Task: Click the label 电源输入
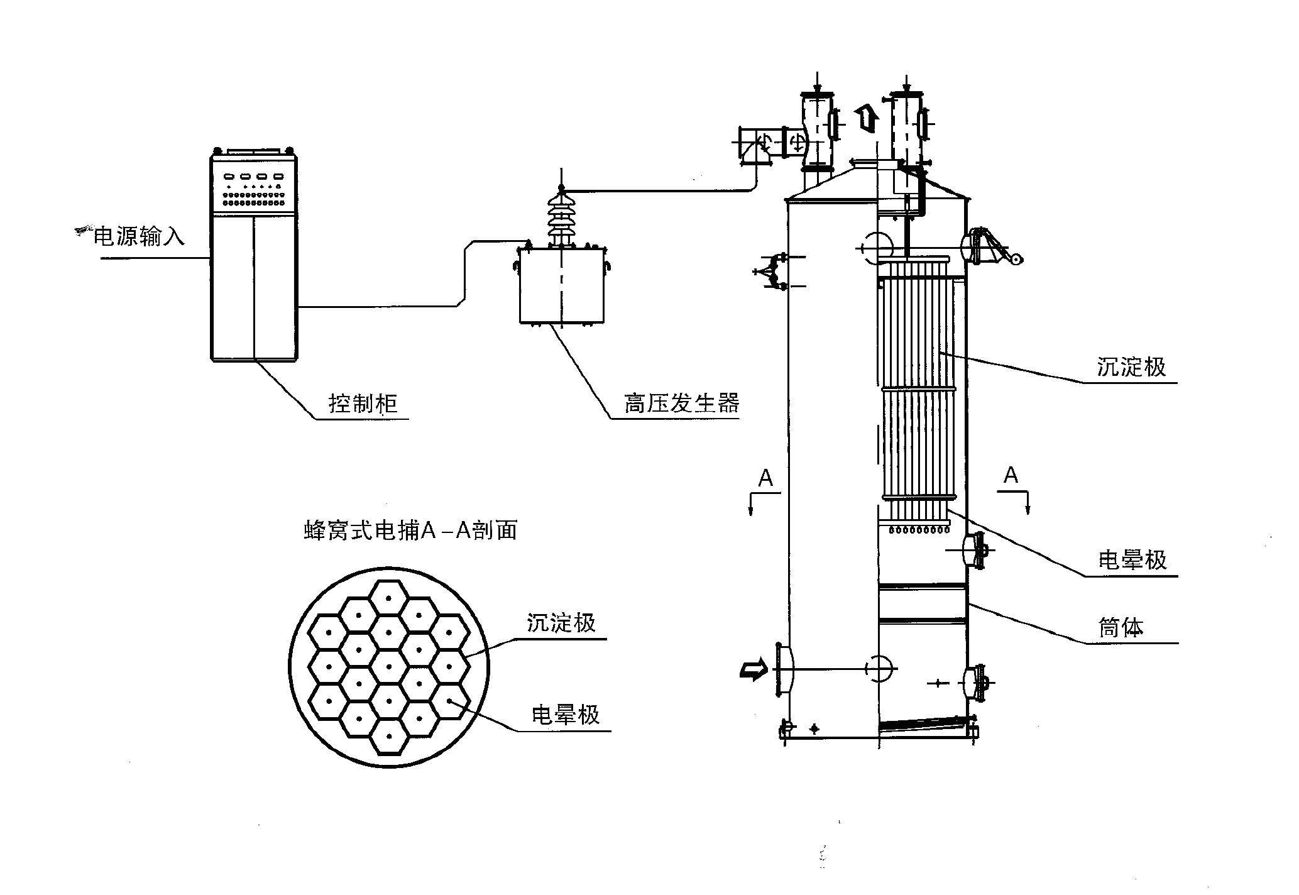pyautogui.click(x=139, y=236)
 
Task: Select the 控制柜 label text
pyautogui.click(x=363, y=403)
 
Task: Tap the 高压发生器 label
pyautogui.click(x=681, y=402)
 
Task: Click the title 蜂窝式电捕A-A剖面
pyautogui.click(x=410, y=530)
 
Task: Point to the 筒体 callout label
pyautogui.click(x=1121, y=627)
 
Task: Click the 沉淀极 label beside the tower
pyautogui.click(x=1131, y=367)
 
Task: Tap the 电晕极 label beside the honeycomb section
pyautogui.click(x=566, y=715)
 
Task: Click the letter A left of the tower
pyautogui.click(x=765, y=479)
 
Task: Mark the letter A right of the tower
pyautogui.click(x=1011, y=475)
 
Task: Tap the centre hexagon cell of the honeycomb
pyautogui.click(x=389, y=667)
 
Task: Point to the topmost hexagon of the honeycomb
pyautogui.click(x=389, y=598)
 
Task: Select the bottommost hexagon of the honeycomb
pyautogui.click(x=389, y=736)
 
